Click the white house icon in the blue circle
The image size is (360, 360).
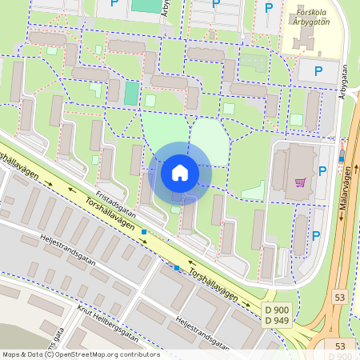coord(180,173)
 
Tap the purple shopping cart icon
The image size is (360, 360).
coord(300,182)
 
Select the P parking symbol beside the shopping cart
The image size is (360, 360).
coord(322,170)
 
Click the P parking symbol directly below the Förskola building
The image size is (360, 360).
coord(318,71)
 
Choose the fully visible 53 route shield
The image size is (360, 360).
coord(341,298)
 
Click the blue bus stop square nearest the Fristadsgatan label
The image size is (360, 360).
coord(144,232)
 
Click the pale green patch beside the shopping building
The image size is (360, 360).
coord(254,191)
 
